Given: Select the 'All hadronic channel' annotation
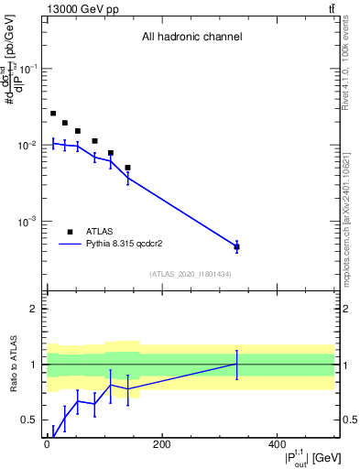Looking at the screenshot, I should pos(191,38).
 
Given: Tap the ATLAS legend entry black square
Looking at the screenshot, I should pos(70,232).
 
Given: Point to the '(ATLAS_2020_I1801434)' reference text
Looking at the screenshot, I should pos(191,274).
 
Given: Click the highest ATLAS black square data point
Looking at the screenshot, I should pos(53,114).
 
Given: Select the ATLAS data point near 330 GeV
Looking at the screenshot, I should pos(236,246).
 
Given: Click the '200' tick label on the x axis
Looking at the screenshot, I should pos(161,444).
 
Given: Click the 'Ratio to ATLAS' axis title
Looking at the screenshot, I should pos(13,365).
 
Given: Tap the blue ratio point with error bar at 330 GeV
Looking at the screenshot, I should pos(236,365).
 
